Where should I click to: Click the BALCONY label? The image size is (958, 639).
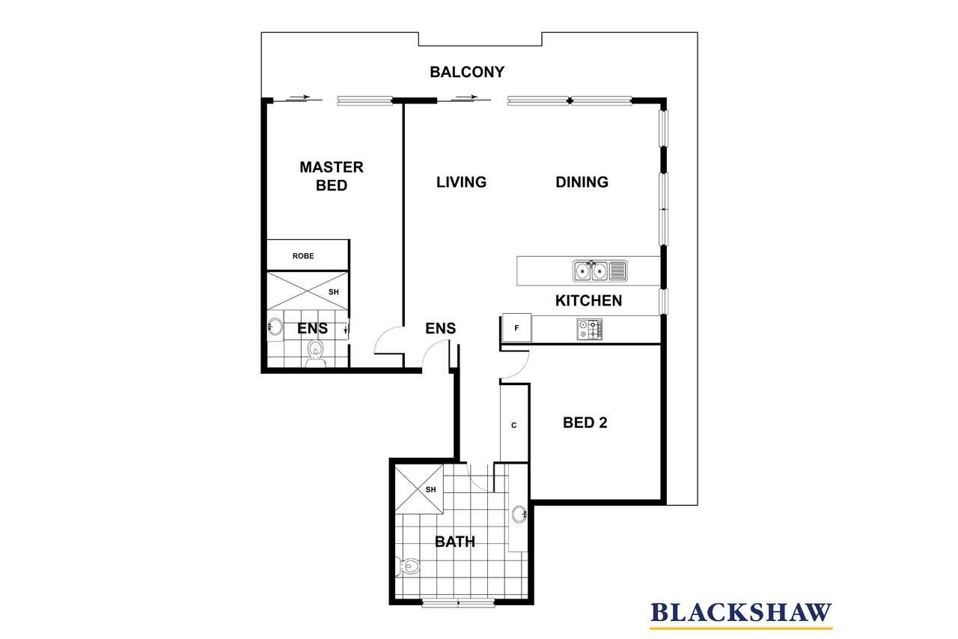[466, 72]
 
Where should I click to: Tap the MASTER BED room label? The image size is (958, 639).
[332, 176]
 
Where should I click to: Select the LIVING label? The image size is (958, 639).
[461, 182]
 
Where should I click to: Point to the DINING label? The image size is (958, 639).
[582, 182]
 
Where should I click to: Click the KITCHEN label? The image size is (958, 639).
[588, 300]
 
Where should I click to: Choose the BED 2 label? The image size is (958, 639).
[585, 423]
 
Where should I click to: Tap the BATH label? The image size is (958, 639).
[454, 542]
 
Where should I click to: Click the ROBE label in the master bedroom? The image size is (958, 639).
[303, 256]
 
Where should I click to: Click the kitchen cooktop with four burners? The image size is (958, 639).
[589, 329]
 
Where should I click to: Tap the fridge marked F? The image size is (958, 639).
[516, 328]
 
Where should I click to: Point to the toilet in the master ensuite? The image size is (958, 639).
[316, 354]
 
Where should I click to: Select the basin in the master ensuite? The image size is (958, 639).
[275, 327]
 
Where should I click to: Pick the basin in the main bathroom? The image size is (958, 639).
[519, 515]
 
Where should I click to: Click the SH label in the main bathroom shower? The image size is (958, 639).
[430, 490]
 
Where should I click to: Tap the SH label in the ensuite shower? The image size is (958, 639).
[334, 292]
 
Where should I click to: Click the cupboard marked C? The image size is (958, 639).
[513, 425]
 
